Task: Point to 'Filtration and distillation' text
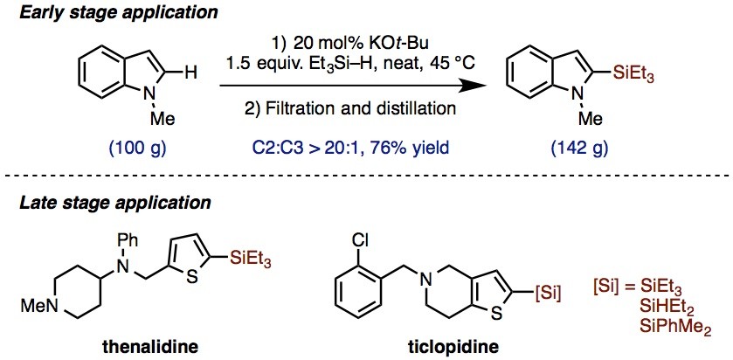tap(363, 108)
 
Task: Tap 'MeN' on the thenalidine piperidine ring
tap(38, 307)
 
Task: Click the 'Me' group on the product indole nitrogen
tap(591, 120)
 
